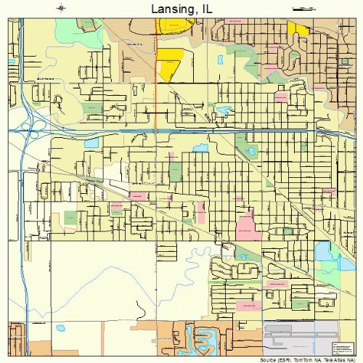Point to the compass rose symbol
(x=62, y=9)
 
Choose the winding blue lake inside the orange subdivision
(x=200, y=337)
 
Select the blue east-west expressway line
(x=181, y=131)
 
